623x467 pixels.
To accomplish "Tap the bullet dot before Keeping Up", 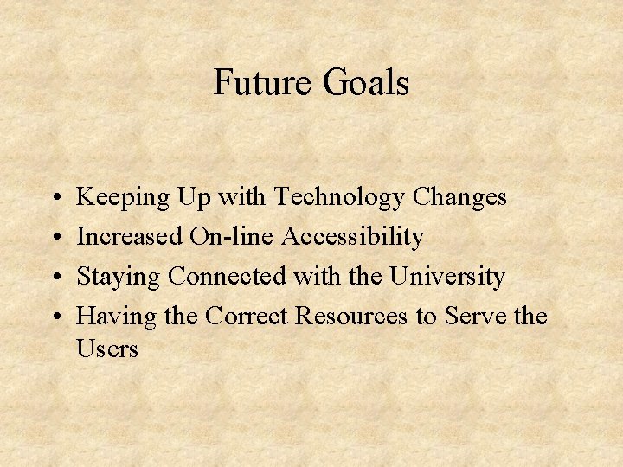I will click(55, 198).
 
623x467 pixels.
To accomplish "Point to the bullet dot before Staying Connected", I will click(55, 278).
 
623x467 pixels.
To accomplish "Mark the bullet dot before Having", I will click(55, 317).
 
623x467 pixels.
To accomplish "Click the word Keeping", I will click(124, 198).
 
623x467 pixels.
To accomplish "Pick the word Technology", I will click(339, 198).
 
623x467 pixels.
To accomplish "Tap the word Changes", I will click(459, 198).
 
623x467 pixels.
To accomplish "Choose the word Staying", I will click(119, 278).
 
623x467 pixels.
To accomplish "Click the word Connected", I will click(227, 277).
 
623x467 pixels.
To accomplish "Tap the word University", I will click(446, 277).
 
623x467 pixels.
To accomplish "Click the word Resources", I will click(352, 317).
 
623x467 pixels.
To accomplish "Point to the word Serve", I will click(472, 317).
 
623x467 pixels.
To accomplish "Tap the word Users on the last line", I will click(107, 349).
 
